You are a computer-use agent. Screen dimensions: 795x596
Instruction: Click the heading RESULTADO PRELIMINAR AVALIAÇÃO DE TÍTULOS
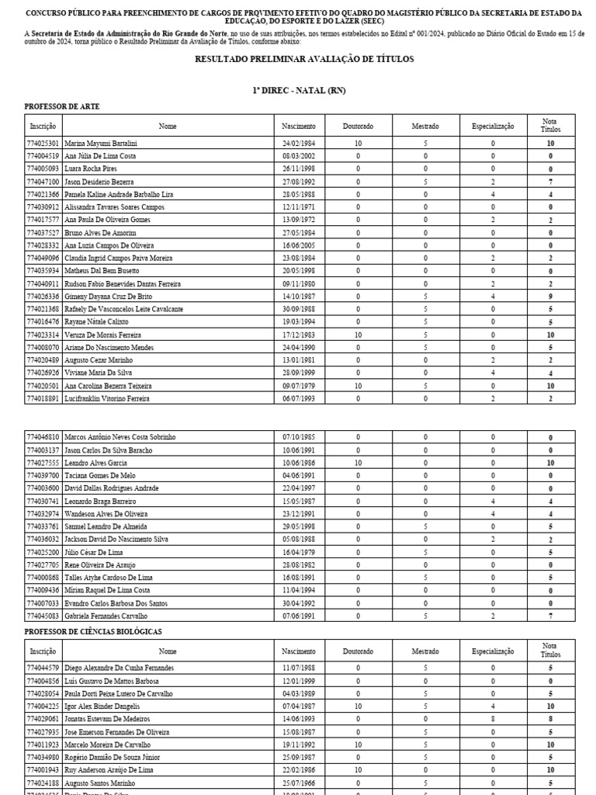click(x=303, y=60)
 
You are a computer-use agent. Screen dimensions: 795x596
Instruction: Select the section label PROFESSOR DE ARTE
click(x=62, y=106)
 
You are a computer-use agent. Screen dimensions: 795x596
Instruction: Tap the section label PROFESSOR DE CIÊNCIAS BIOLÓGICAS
click(x=93, y=632)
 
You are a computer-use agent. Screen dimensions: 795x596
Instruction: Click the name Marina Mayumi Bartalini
click(x=101, y=144)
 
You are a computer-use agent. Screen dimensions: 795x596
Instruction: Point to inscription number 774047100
click(x=43, y=182)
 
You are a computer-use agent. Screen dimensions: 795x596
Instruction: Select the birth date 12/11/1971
click(x=299, y=207)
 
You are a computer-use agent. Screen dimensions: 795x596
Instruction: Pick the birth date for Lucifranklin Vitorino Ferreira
click(x=299, y=398)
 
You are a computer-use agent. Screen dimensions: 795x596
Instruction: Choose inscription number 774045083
click(x=43, y=616)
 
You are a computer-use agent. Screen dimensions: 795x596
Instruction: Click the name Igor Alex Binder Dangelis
click(x=102, y=706)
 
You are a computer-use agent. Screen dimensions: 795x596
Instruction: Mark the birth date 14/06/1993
click(x=299, y=719)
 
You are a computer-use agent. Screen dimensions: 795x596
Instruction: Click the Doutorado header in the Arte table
click(x=358, y=126)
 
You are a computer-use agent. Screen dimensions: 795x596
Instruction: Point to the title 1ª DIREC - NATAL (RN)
click(x=299, y=91)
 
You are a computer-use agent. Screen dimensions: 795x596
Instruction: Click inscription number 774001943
click(x=43, y=770)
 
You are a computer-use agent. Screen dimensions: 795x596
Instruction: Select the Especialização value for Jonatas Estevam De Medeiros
click(x=493, y=719)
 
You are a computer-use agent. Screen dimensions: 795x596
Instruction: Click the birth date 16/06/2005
click(x=299, y=245)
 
